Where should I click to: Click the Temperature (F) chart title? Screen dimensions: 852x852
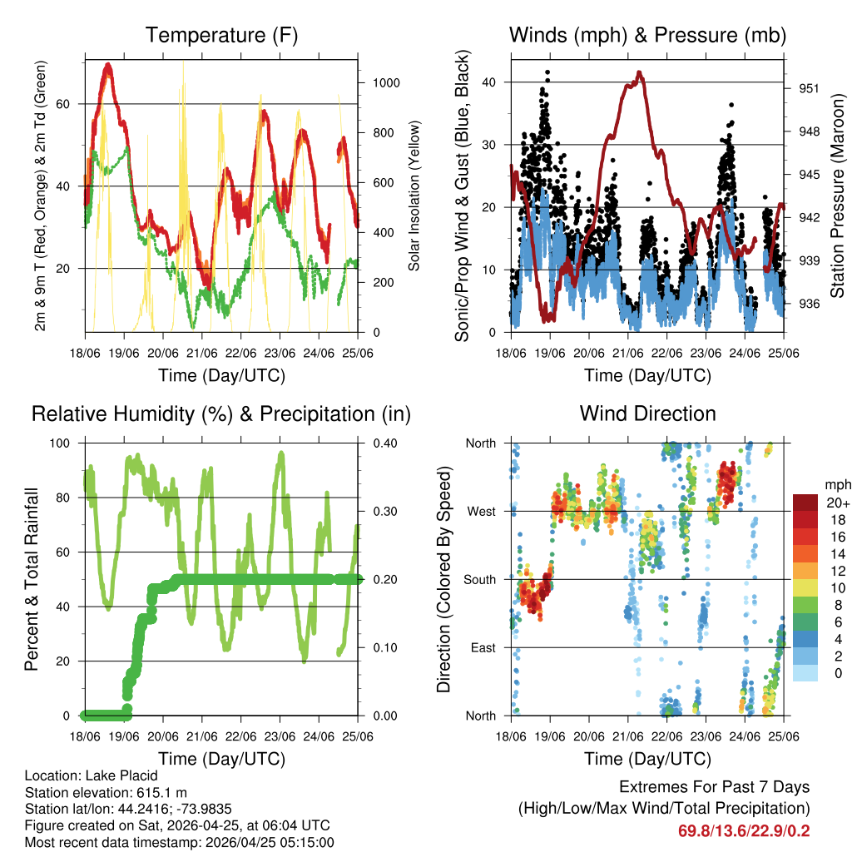click(221, 36)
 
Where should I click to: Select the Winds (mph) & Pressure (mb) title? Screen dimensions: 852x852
click(647, 36)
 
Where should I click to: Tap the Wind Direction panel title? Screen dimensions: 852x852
click(647, 414)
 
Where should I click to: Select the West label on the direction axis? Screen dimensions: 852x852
click(482, 511)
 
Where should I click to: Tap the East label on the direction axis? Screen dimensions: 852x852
click(483, 647)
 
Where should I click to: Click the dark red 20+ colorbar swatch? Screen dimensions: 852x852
click(805, 503)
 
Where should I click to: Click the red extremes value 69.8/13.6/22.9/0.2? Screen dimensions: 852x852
click(744, 830)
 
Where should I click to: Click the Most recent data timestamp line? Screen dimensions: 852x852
click(179, 842)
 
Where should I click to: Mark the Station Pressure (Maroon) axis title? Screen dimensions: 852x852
click(838, 196)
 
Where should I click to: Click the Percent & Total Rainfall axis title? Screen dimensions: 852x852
click(32, 579)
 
